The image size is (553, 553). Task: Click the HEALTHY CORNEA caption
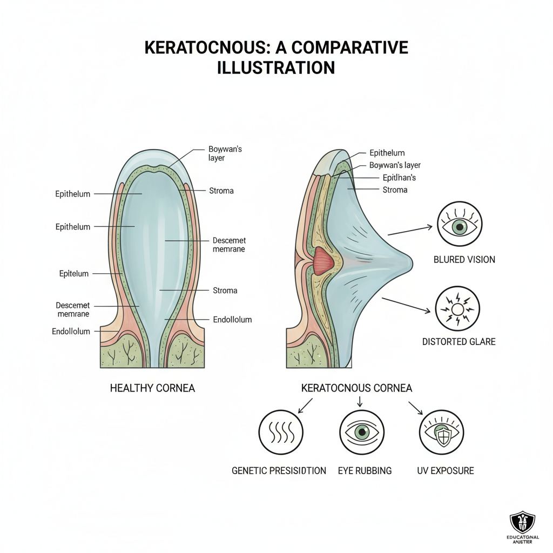coord(152,388)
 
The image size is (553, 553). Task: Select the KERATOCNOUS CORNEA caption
coord(356,388)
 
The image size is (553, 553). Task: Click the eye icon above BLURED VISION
coord(459,225)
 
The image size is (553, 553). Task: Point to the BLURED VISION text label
coord(464,260)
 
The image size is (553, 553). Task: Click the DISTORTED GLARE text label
coord(458,342)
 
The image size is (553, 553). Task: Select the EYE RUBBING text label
coord(365,470)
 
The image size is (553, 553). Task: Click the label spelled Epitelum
coord(74,274)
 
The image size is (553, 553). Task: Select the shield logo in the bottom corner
coord(522,523)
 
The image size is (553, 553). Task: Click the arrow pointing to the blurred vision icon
coord(411,229)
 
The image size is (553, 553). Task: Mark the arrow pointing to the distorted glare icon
coord(407,305)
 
